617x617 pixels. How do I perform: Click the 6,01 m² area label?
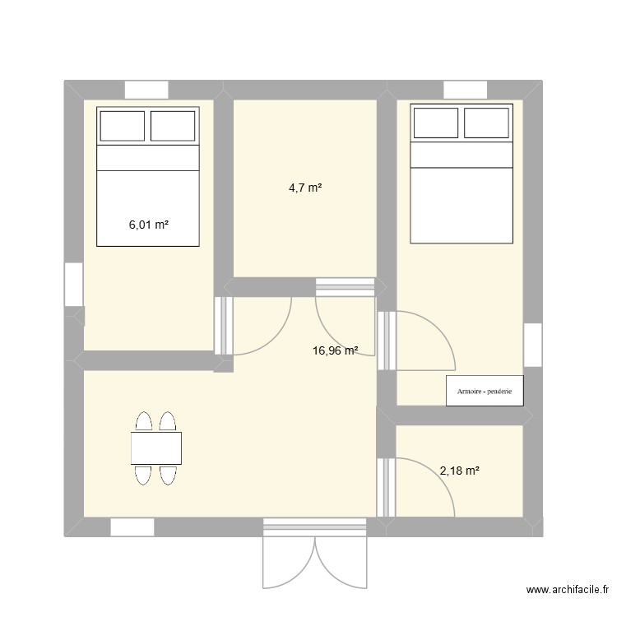point(148,223)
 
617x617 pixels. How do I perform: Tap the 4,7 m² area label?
point(304,188)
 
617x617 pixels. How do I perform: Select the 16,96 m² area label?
point(335,350)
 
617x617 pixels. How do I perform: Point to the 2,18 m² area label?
point(459,471)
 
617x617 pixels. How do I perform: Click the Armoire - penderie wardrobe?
point(485,392)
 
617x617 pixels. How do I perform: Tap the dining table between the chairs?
point(156,448)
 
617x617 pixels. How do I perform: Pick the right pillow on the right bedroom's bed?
point(487,123)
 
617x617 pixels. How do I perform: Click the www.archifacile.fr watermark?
point(568,590)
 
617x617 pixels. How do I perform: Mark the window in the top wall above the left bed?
point(146,90)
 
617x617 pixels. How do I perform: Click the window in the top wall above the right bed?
point(466,90)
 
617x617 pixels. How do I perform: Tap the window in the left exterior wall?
point(74,284)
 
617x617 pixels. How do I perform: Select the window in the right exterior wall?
point(533,345)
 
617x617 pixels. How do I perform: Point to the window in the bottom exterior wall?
point(132,527)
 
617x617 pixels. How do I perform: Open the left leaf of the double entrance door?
point(288,564)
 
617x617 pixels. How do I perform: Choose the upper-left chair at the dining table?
point(144,422)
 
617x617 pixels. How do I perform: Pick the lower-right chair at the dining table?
point(169,475)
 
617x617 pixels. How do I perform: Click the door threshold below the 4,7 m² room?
point(345,286)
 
